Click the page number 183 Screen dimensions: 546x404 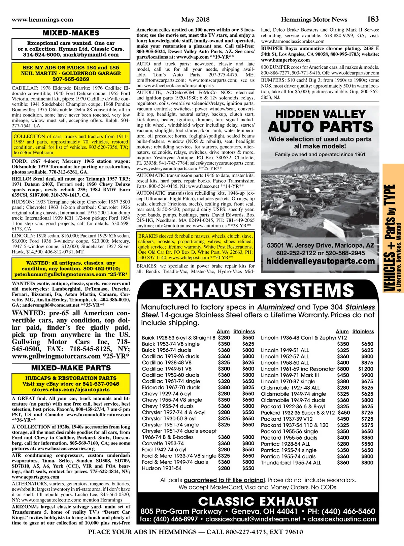pos(373,19)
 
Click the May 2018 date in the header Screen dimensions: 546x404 pos(195,20)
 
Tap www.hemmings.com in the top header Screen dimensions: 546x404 pos(42,20)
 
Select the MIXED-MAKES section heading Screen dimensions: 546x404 pos(71,33)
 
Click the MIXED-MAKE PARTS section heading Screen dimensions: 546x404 pos(71,368)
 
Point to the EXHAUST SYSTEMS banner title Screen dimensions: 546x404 pos(258,290)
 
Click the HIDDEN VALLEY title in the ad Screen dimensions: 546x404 pos(320,114)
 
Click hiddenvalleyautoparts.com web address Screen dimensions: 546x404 pos(320,261)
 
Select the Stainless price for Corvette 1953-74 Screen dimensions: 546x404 pos(248,443)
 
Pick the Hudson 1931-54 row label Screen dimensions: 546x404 pos(162,468)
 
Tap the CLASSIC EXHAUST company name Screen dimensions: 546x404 pos(258,502)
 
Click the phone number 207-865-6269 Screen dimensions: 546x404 pos(71,79)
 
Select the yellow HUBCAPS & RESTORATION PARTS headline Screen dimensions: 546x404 pos(71,378)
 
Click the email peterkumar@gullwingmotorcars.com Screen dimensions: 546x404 pos(66,275)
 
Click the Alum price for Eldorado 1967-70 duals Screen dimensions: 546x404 pos(224,387)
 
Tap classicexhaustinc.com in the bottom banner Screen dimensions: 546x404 pos(342,519)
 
